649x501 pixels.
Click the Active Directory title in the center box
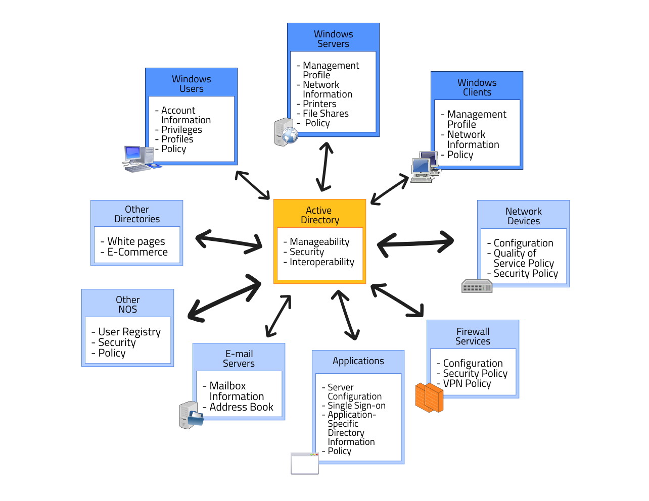319,215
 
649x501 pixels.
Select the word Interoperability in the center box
322,262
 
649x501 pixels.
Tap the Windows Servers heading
333,39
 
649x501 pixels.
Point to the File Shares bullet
326,114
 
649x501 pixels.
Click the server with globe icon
286,132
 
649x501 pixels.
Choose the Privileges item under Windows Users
181,130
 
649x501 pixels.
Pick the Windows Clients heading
477,87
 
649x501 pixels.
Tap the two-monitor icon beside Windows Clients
425,167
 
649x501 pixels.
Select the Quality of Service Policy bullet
523,258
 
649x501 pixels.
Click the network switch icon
477,287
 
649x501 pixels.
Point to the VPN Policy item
467,383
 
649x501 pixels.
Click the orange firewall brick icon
429,397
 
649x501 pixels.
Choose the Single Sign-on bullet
356,406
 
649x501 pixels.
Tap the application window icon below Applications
305,464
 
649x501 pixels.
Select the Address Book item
241,407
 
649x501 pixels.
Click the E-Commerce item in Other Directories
137,252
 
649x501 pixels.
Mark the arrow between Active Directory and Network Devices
415,242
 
